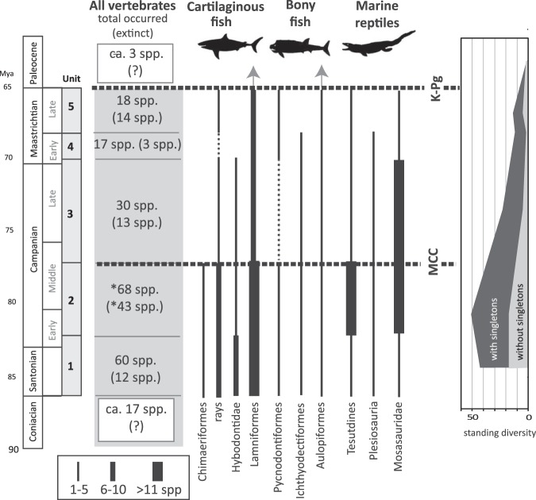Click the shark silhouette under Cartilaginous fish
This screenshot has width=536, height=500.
coord(231,47)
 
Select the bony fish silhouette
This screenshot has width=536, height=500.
coord(298,48)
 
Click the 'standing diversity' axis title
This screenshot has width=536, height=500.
coord(498,433)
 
